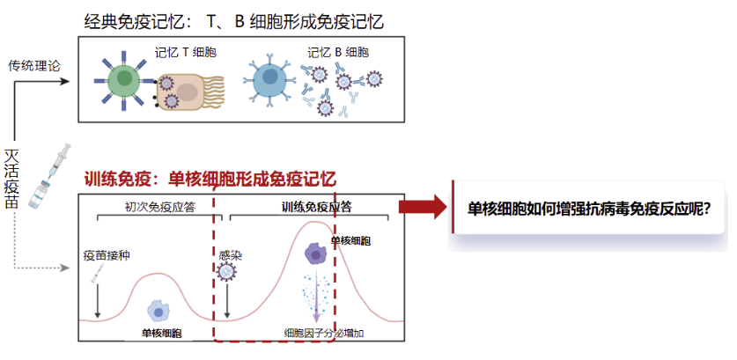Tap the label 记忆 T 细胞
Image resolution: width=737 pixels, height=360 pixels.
pos(186,53)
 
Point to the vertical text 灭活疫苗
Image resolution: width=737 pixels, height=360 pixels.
pos(11,177)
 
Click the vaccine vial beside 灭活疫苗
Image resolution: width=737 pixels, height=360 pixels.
pos(41,193)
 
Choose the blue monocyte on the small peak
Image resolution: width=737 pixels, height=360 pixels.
pos(158,310)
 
